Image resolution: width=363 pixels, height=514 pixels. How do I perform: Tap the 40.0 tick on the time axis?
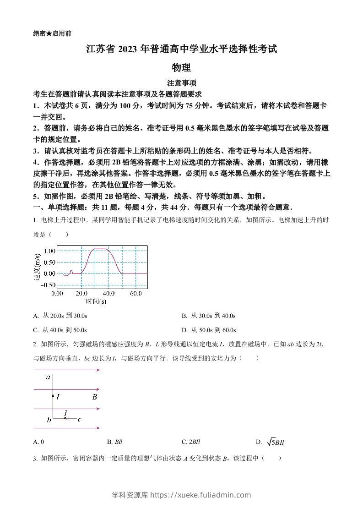(108, 293)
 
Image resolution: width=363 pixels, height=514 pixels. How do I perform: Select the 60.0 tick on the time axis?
(135, 293)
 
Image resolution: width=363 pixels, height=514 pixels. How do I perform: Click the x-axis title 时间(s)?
(96, 301)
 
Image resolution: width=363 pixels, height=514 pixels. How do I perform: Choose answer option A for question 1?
(60, 316)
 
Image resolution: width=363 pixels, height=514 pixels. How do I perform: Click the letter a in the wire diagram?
(48, 377)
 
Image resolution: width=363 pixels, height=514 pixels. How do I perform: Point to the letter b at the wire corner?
(49, 419)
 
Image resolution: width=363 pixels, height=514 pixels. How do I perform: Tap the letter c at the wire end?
(79, 419)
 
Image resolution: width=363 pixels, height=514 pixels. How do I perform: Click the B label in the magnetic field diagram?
(94, 397)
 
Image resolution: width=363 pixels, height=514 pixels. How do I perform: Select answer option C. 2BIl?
(191, 442)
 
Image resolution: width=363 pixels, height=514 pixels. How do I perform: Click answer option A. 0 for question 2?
(39, 442)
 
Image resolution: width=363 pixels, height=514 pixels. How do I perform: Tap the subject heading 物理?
(181, 68)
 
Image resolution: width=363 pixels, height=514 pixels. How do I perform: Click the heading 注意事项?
(181, 83)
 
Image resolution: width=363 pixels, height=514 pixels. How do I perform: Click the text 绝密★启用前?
(52, 33)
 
